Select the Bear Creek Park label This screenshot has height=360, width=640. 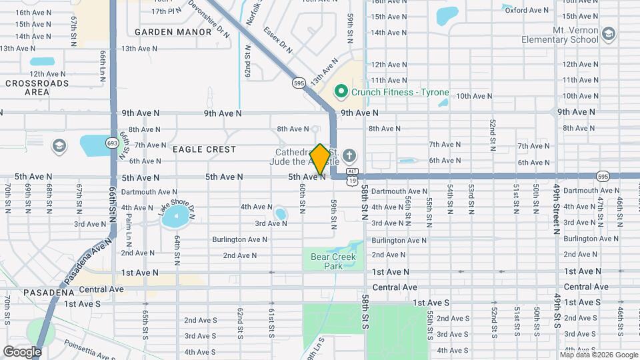pyautogui.click(x=333, y=261)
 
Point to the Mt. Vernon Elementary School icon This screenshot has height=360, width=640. pyautogui.click(x=608, y=34)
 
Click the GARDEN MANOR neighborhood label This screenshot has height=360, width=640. pyautogui.click(x=163, y=31)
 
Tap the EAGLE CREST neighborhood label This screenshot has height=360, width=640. pyautogui.click(x=195, y=150)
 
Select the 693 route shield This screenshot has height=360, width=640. pyautogui.click(x=112, y=143)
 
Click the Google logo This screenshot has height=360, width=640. pyautogui.click(x=22, y=351)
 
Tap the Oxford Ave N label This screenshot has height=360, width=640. pyautogui.click(x=527, y=10)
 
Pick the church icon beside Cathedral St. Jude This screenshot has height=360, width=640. pyautogui.click(x=350, y=157)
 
